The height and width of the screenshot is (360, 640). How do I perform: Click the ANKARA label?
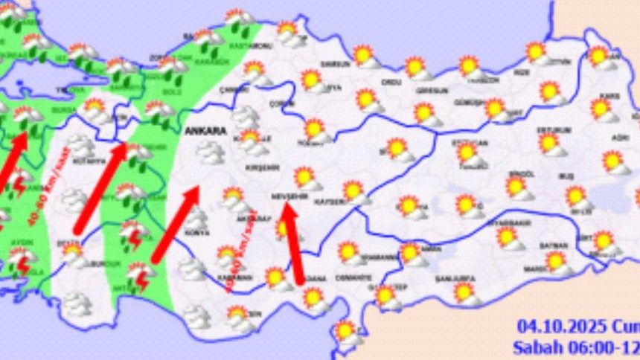(x=206, y=131)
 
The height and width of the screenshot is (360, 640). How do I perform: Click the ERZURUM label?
(x=552, y=130)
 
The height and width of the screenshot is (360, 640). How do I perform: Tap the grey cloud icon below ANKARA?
(x=210, y=152)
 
